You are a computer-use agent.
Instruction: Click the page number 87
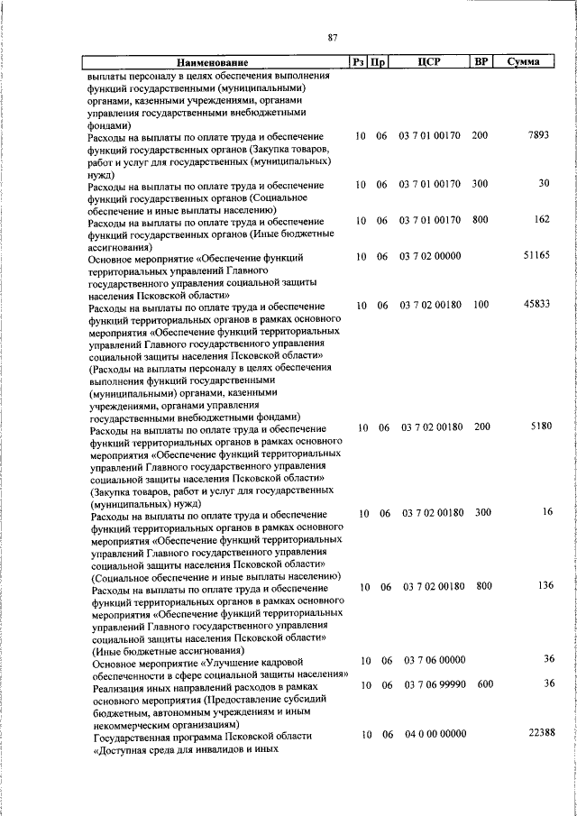(x=333, y=37)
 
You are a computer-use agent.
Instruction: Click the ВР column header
(x=481, y=62)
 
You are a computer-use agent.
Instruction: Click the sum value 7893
(x=536, y=134)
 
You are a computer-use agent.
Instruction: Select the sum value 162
(x=541, y=219)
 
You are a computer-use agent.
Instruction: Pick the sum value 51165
(x=536, y=256)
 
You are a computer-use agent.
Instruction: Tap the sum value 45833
(x=536, y=305)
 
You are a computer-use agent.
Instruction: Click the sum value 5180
(x=539, y=426)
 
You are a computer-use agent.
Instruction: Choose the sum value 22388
(x=536, y=735)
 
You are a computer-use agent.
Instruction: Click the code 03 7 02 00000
(x=430, y=257)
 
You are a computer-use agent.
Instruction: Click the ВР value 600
(x=485, y=684)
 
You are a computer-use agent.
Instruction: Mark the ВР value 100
(x=480, y=306)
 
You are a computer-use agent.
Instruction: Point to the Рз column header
(x=359, y=63)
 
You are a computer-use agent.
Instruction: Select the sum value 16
(x=546, y=512)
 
